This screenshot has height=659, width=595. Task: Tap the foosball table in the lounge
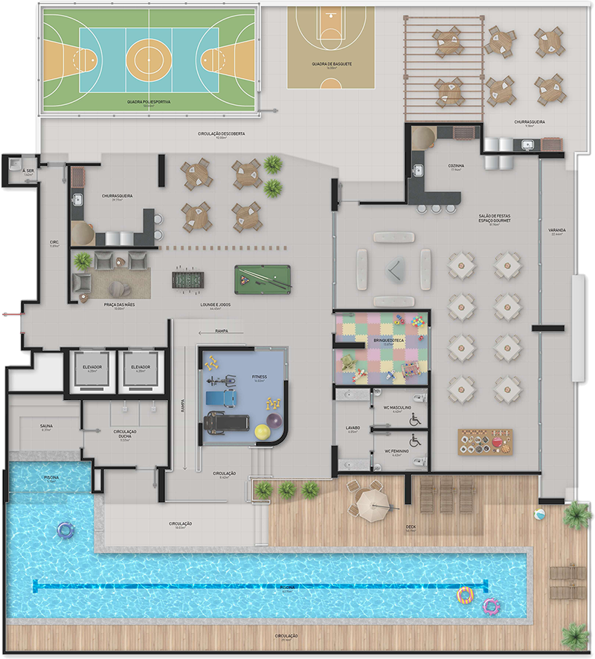[185, 279]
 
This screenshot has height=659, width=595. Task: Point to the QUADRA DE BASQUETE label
[332, 64]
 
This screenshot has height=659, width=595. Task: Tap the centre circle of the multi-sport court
[149, 54]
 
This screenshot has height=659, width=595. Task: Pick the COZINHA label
[456, 165]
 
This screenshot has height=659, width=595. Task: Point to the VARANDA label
[557, 231]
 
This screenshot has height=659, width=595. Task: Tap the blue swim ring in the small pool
[65, 530]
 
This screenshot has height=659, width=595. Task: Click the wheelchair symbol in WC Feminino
[415, 441]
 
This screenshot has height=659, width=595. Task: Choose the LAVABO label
[353, 428]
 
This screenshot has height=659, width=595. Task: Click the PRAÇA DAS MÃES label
[120, 305]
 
